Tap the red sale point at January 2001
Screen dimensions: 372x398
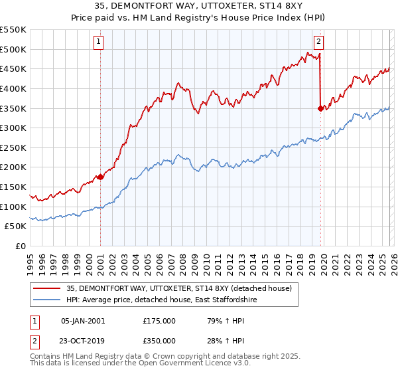100,177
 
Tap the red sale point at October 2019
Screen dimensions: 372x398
321,108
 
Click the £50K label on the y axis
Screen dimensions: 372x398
16,227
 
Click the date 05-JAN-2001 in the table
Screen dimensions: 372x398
83,321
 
